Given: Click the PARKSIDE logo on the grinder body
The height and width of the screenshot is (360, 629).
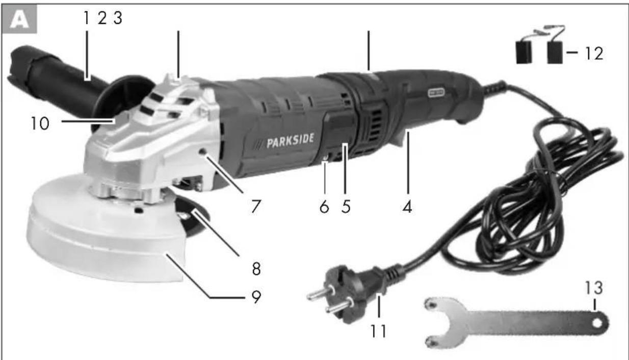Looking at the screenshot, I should (286, 141).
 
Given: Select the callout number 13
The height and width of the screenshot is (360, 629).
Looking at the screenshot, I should (593, 289).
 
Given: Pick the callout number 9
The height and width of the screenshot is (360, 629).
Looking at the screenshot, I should (254, 297).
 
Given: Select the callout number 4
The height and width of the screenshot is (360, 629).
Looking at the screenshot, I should (406, 208).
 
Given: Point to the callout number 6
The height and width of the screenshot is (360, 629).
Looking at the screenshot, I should (324, 208).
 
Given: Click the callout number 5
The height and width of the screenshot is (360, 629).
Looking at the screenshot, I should (346, 208).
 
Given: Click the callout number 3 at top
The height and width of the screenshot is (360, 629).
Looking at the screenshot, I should (117, 19).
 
